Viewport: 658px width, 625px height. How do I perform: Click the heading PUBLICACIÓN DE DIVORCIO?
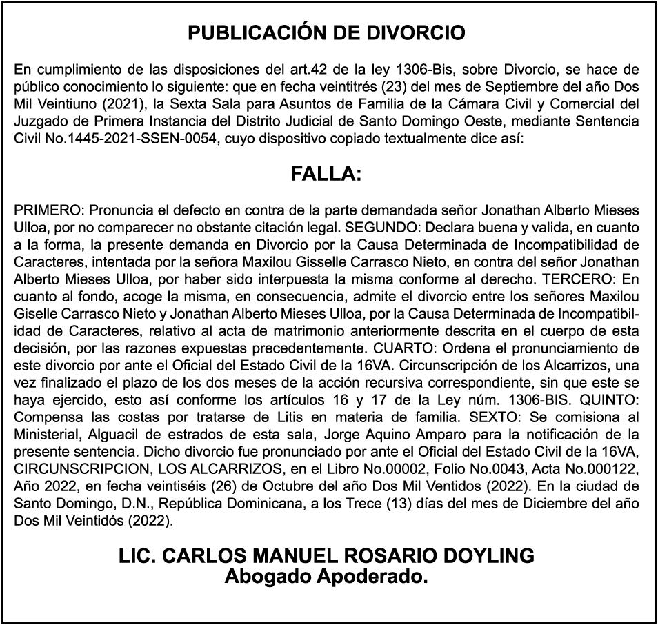[327, 33]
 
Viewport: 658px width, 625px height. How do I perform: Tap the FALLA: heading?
[327, 175]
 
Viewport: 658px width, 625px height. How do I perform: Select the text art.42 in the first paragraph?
[310, 70]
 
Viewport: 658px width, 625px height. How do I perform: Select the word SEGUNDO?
[379, 226]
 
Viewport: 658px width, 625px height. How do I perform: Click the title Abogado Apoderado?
[326, 575]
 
